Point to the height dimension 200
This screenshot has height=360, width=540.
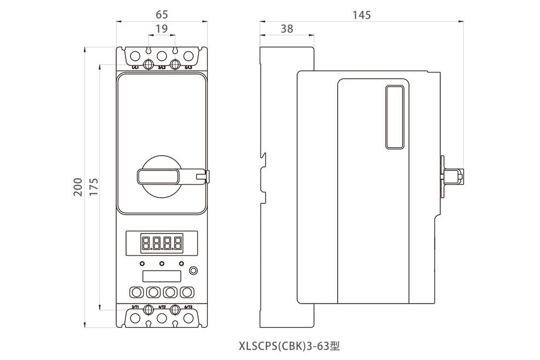77,187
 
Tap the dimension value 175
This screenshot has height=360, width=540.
93,187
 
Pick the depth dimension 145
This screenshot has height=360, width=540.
361,15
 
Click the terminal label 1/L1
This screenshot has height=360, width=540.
135,68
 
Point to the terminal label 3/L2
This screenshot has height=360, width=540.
162,68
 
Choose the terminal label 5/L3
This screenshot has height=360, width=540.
188,68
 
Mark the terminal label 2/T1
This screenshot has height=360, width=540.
135,307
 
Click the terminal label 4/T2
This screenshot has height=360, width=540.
162,307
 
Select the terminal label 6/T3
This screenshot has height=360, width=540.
188,307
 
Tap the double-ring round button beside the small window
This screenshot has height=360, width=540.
192,271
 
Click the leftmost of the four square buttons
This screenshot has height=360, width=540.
136,291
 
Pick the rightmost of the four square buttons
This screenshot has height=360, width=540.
187,291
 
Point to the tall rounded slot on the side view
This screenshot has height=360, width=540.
394,117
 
